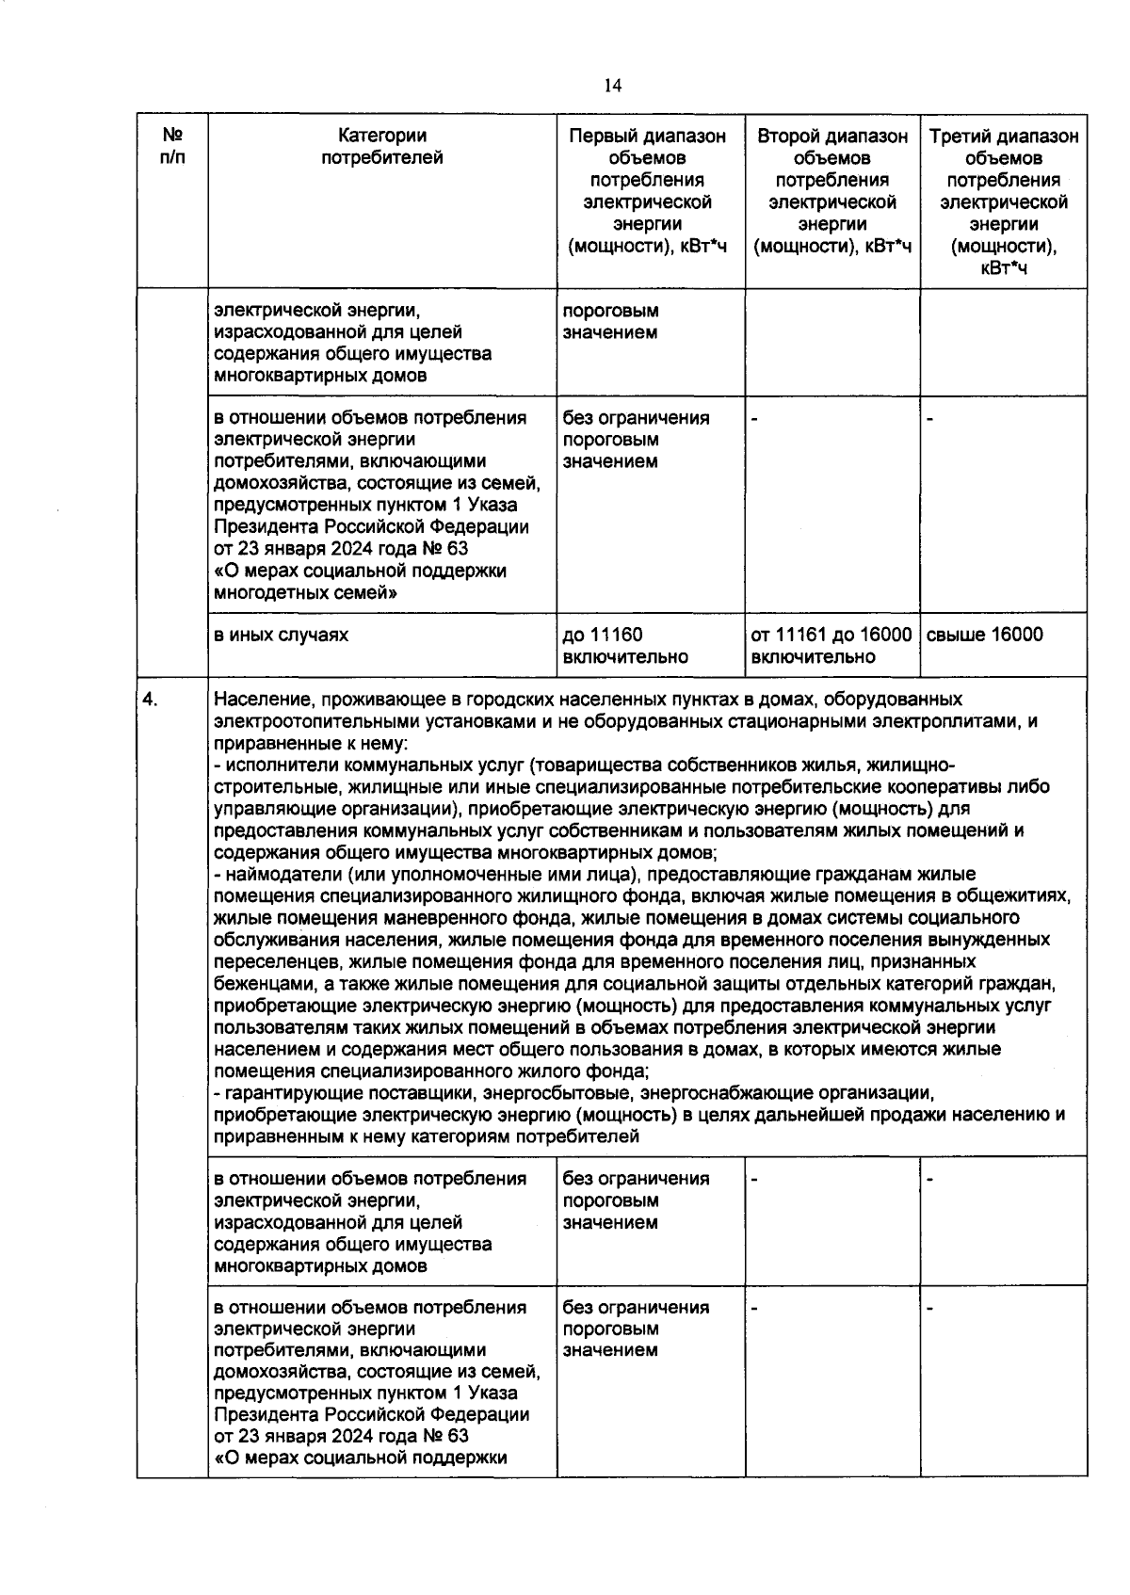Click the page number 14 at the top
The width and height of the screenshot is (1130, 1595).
(612, 87)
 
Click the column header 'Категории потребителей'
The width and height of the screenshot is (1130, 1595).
(382, 147)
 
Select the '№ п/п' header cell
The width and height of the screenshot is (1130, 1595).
(172, 147)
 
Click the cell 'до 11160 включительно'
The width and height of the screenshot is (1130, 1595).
(625, 646)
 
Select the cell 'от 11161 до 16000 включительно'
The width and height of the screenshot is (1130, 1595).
(831, 646)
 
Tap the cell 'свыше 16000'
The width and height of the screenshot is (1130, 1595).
(985, 635)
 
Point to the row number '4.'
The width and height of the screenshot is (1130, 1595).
(150, 700)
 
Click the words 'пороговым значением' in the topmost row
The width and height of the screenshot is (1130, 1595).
(610, 321)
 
